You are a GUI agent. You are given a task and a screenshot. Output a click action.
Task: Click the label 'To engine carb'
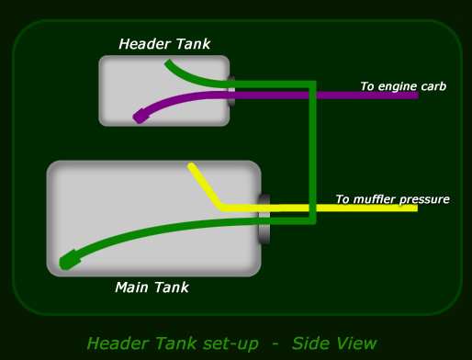click(403, 86)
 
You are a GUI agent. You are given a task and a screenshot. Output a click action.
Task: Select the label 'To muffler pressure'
click(393, 199)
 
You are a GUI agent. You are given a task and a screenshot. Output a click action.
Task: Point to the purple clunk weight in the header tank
click(140, 116)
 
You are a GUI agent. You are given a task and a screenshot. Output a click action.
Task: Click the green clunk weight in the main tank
click(69, 260)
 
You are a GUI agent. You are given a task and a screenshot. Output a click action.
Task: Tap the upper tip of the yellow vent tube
click(191, 166)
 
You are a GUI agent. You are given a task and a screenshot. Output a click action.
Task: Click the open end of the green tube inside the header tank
click(168, 62)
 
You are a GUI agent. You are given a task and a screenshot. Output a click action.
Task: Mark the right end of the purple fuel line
click(418, 96)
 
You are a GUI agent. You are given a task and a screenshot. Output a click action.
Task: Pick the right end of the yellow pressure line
click(417, 208)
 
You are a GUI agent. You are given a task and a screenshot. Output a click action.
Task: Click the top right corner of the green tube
click(312, 84)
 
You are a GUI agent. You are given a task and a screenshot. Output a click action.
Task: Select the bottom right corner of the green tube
click(312, 220)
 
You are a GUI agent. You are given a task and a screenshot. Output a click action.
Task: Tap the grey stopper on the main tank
click(264, 219)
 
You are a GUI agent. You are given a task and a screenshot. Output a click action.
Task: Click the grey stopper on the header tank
click(231, 91)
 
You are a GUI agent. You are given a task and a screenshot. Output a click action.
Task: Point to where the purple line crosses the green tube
click(312, 96)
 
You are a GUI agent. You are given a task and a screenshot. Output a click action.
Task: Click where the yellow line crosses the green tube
click(312, 208)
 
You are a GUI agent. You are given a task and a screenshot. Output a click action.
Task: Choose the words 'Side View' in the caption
click(334, 343)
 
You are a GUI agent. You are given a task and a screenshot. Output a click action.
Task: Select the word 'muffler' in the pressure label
click(374, 199)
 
